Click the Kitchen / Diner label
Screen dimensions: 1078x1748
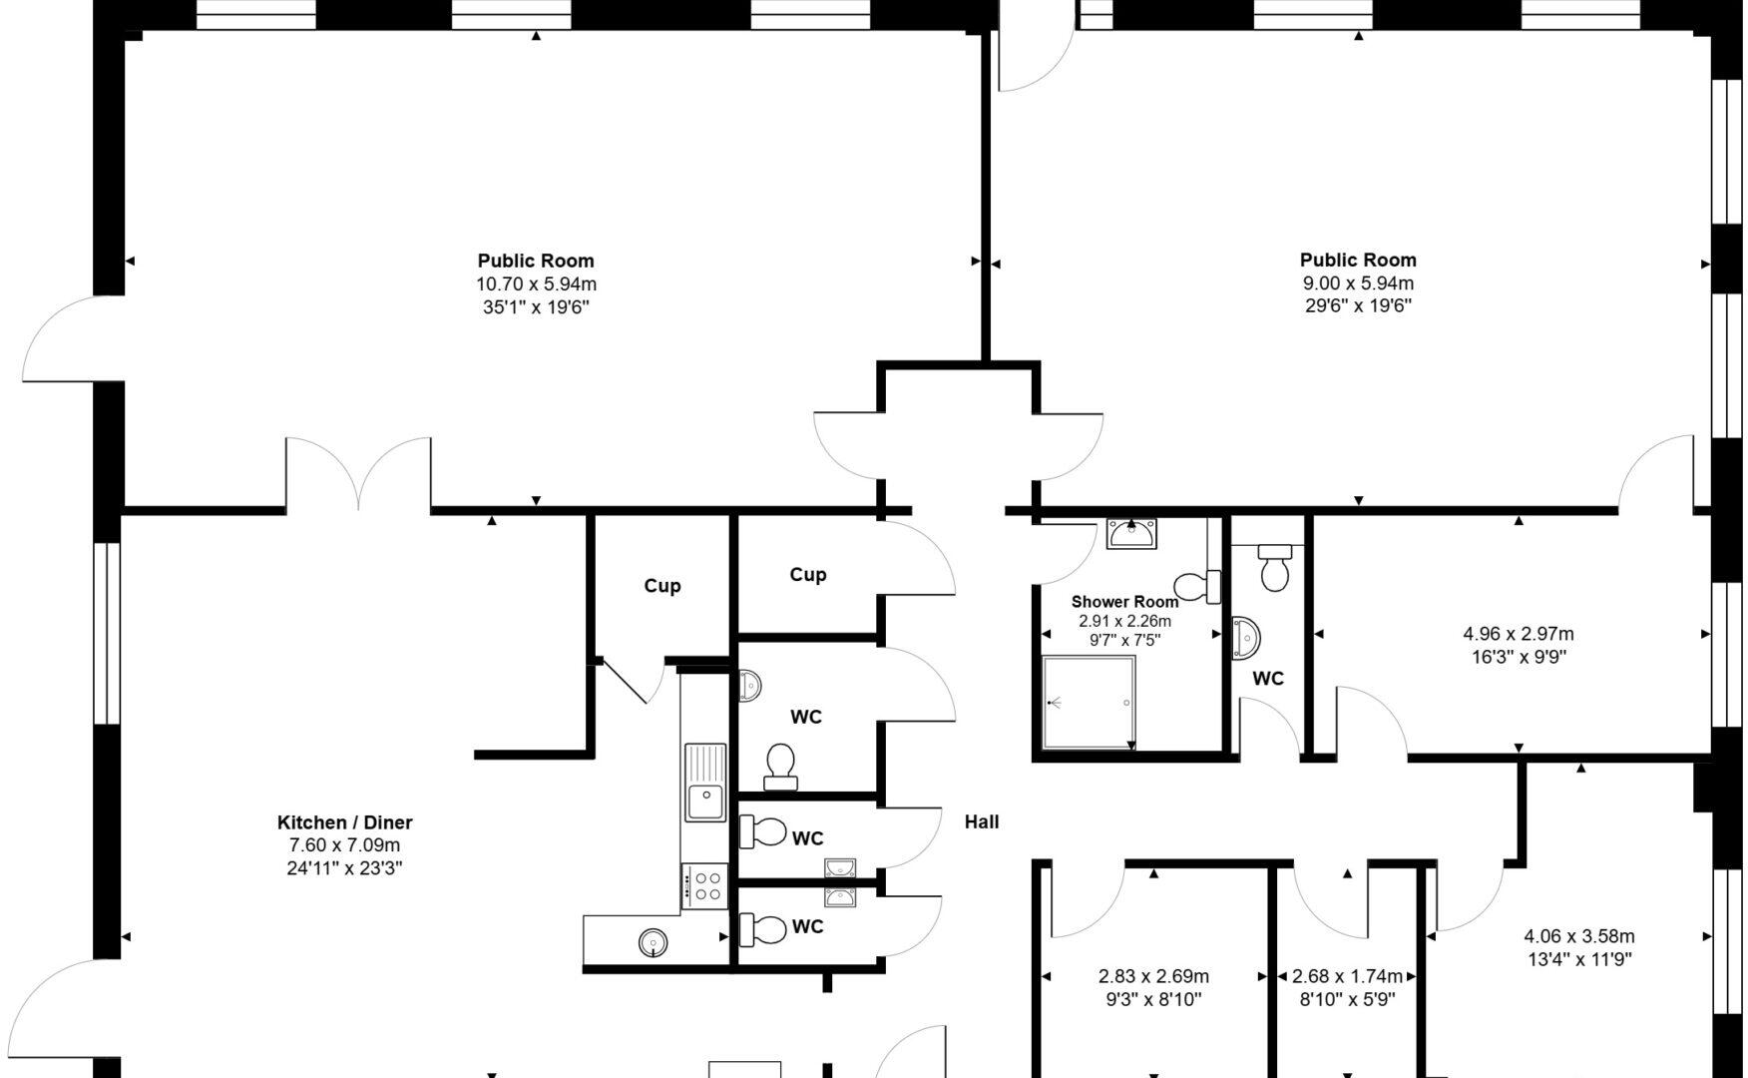pos(344,822)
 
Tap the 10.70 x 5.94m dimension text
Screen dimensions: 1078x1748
pos(536,284)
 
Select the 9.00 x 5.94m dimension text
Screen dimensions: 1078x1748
pos(1358,283)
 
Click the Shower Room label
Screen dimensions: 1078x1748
pos(1124,602)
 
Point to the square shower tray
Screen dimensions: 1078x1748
pos(1089,702)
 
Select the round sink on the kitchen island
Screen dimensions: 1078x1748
pos(653,941)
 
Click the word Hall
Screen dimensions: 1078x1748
pos(982,821)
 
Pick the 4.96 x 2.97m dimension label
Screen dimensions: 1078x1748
pos(1519,634)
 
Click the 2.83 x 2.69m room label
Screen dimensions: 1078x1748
pos(1153,976)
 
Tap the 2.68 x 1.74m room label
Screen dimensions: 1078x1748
pos(1347,976)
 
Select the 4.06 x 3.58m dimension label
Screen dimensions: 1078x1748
pos(1579,936)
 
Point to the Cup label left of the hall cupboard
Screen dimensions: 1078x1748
pos(662,586)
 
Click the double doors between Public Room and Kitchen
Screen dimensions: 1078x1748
pos(359,475)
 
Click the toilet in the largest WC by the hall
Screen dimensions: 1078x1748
pos(780,764)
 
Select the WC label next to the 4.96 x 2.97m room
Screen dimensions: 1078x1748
pos(1268,679)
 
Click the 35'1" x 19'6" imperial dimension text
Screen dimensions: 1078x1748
pos(536,307)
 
